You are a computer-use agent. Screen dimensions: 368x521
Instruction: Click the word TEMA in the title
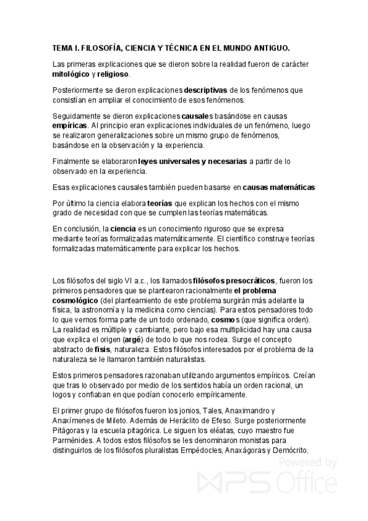click(x=62, y=48)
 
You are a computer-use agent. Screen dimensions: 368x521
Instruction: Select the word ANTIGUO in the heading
click(x=267, y=48)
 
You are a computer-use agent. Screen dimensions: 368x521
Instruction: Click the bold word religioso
click(x=113, y=74)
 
